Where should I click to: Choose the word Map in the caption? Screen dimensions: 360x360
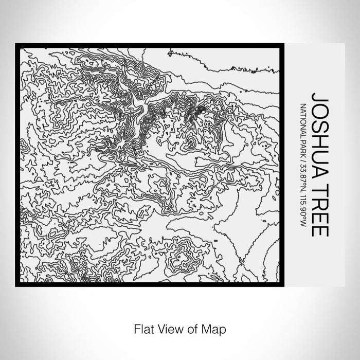[x=216, y=328]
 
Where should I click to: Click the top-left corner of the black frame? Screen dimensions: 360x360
[x=16, y=44]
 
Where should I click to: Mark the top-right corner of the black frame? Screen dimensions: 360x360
[x=283, y=44]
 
